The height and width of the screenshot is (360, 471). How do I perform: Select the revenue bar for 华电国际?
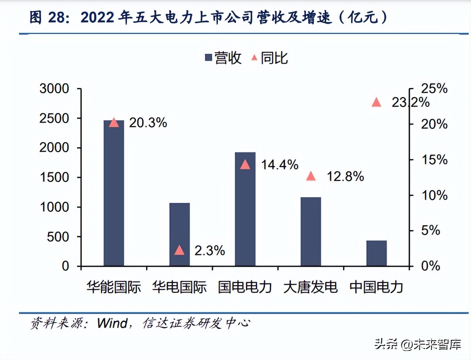coord(180,235)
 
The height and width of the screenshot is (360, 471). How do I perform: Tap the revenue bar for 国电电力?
coord(245,209)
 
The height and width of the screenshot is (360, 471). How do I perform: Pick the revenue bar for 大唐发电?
coord(311,232)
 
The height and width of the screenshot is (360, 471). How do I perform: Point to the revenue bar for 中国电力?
coord(377,253)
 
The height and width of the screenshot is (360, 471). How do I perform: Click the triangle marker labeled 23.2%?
coord(377,103)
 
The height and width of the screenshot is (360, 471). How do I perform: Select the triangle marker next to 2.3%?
coord(180,250)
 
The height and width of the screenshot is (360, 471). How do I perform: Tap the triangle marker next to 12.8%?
coord(311,176)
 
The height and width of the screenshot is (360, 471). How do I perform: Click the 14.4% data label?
coord(279,165)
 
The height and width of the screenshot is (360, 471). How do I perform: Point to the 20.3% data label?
coord(148,123)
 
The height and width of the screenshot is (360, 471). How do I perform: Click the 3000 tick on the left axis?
coord(54,88)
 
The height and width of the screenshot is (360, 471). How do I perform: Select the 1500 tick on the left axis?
coord(54,177)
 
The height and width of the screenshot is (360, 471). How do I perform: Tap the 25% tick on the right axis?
coord(434,88)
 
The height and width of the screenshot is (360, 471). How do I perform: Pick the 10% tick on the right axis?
coord(434,195)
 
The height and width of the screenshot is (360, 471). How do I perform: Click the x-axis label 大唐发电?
coord(311,287)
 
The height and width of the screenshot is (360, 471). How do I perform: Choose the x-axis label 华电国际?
coord(180,287)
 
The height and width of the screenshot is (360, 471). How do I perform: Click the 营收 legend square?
coord(209,57)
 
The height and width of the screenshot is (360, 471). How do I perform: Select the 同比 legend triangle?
coord(254,57)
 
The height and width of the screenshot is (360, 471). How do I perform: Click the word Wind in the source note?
coord(112,323)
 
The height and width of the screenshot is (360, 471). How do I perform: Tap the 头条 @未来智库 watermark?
coord(418,344)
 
